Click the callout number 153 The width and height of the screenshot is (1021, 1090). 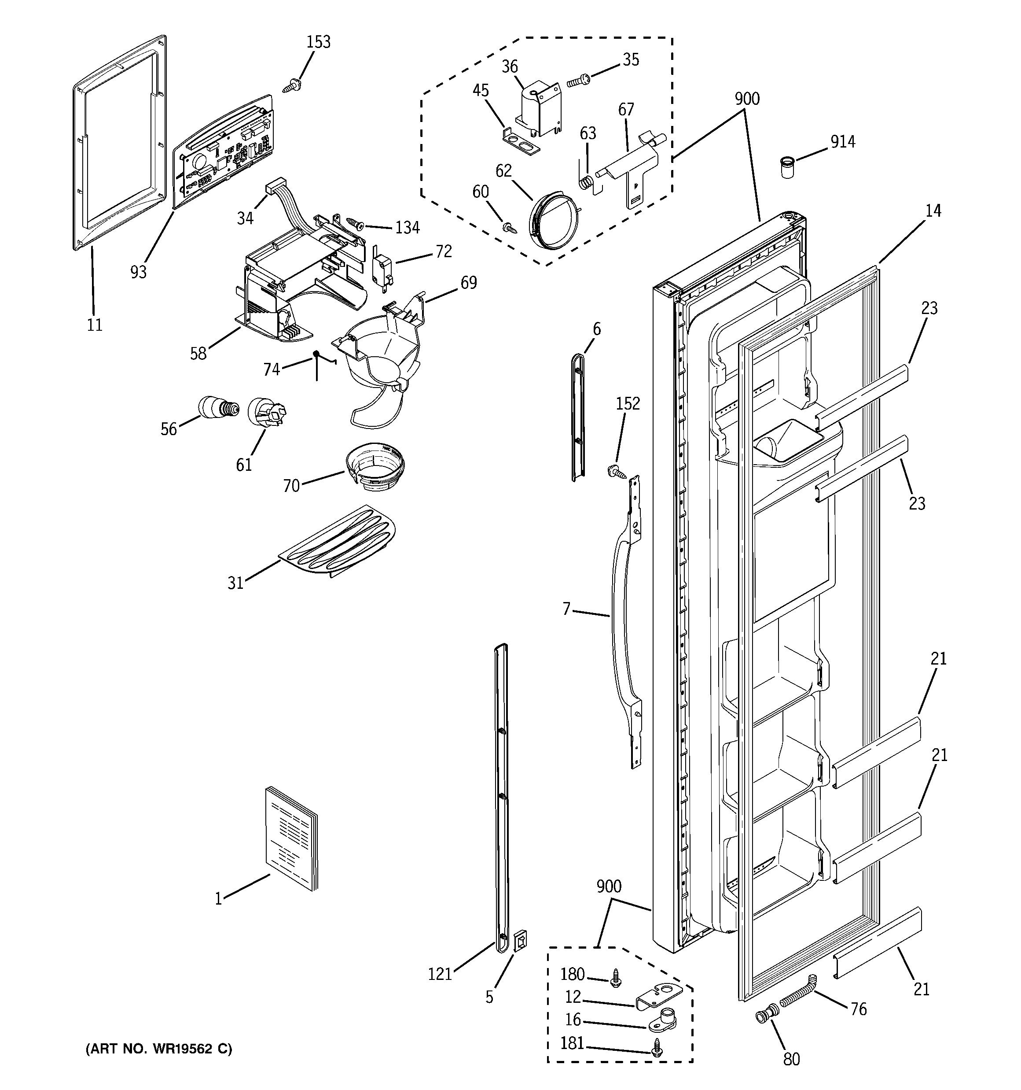coord(319,42)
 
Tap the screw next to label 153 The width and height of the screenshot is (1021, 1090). coord(290,85)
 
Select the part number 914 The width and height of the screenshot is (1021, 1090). coord(842,142)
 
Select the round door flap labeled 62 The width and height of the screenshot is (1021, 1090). coord(554,222)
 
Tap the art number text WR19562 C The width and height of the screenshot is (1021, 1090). coord(159,1049)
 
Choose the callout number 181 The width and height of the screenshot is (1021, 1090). coord(572,1043)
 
